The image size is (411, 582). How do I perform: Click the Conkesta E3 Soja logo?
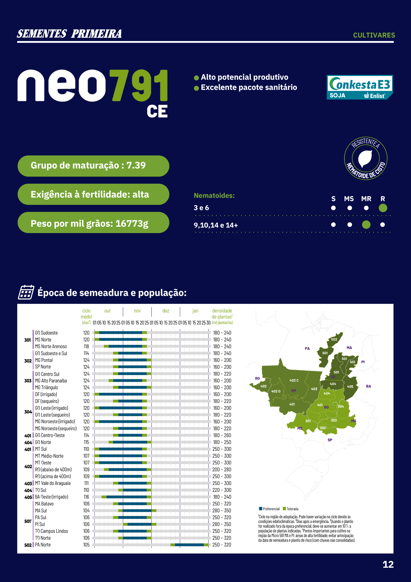click(360, 87)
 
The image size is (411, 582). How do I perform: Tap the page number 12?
click(388, 565)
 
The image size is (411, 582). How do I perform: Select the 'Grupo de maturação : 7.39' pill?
click(93, 166)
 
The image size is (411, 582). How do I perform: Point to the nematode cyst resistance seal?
click(366, 158)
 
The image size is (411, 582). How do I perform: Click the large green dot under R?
click(383, 208)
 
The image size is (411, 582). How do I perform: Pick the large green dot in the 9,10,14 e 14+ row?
click(366, 225)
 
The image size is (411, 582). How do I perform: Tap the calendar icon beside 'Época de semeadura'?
click(26, 292)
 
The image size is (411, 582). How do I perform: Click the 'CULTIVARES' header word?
click(374, 35)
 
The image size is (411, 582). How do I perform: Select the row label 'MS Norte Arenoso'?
click(51, 346)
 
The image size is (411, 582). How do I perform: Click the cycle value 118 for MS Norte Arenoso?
click(86, 346)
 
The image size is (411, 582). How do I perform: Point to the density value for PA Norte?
click(222, 545)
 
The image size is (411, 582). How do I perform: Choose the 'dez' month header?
click(166, 311)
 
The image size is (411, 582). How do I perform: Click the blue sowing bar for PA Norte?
click(190, 545)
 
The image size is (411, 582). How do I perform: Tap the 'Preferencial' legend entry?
click(269, 509)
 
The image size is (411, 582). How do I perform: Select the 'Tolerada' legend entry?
click(291, 509)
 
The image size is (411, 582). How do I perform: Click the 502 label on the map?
click(334, 339)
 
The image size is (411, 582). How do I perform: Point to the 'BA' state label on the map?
click(369, 386)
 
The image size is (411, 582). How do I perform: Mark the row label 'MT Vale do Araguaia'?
click(53, 483)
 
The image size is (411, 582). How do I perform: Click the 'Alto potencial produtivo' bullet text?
click(244, 77)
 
